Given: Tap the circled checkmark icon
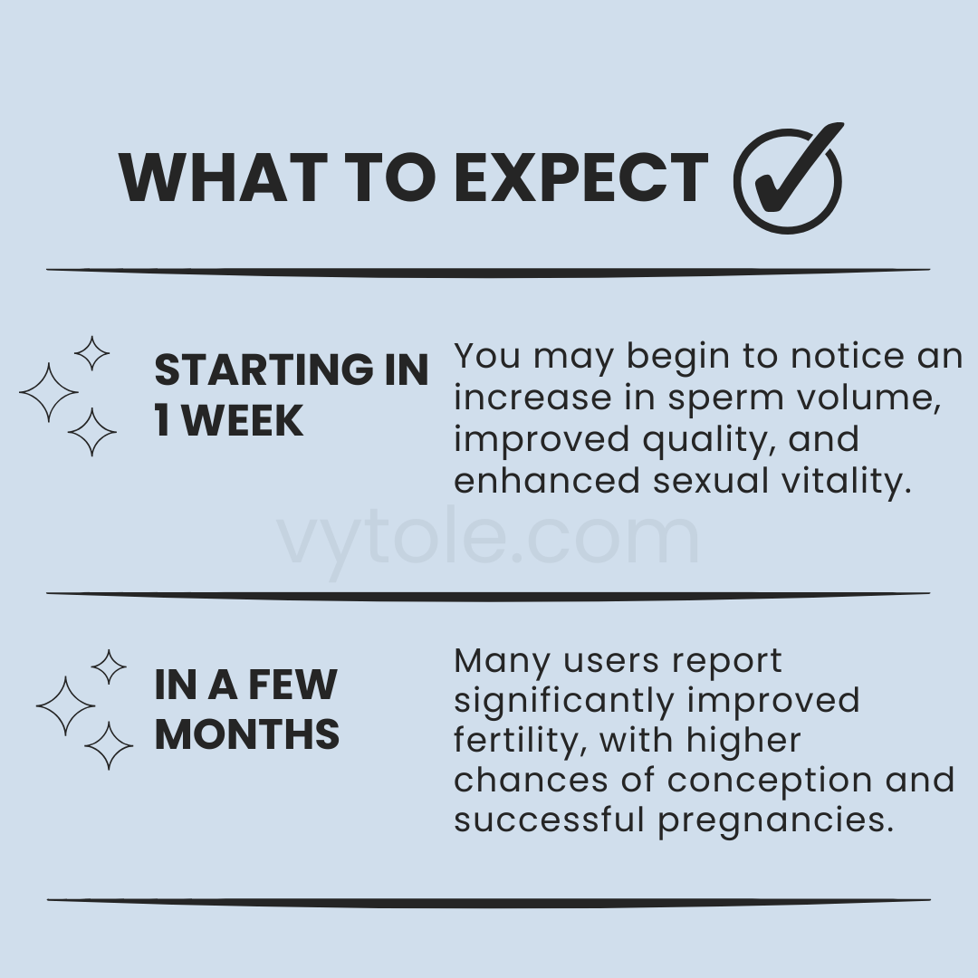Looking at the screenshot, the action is (x=789, y=179).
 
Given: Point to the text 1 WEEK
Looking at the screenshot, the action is (x=228, y=420).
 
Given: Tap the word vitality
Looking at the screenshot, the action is (x=846, y=482).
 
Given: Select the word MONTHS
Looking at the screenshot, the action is (x=247, y=733).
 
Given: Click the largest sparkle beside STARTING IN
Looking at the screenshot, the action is (x=49, y=392).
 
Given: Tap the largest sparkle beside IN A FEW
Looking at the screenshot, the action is (x=65, y=706).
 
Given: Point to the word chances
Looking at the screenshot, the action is (x=530, y=781).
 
